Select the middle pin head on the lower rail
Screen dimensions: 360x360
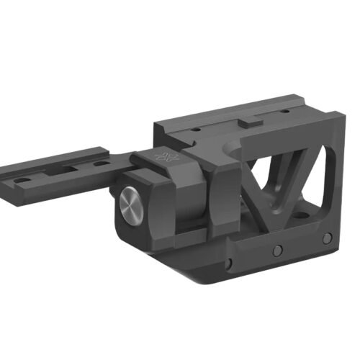click(276, 250)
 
